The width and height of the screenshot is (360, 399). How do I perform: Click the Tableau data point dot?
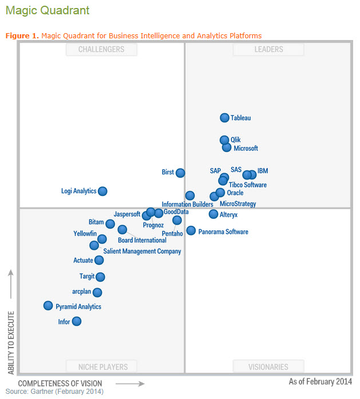[225, 118]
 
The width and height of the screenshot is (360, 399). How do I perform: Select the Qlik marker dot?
[224, 140]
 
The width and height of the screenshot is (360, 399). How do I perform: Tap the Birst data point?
[180, 173]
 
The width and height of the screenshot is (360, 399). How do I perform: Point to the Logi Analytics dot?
[102, 191]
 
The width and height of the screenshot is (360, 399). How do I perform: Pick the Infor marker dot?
[76, 321]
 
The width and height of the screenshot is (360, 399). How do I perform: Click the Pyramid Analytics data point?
[48, 306]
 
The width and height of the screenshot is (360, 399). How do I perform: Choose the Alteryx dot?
[213, 214]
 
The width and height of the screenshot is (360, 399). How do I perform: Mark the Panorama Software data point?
[191, 231]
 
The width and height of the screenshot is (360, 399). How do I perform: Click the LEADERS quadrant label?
[268, 50]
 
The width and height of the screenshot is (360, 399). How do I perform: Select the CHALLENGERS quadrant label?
[101, 50]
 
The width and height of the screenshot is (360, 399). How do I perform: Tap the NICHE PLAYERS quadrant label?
[101, 366]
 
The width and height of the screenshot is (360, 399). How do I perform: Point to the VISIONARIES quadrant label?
[268, 366]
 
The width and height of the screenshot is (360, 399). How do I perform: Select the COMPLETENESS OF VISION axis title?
[60, 383]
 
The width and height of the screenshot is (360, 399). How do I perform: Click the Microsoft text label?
[246, 149]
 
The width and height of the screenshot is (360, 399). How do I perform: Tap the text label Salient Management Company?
[142, 251]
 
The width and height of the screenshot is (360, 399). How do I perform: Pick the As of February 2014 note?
[321, 381]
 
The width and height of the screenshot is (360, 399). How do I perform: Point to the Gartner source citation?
[54, 392]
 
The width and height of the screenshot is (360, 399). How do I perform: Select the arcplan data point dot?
[97, 293]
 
